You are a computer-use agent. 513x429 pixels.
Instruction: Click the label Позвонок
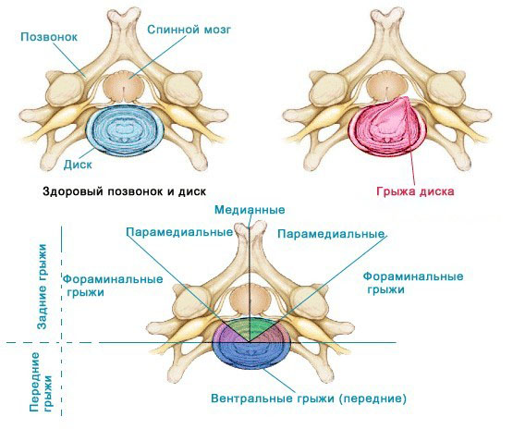[49, 37]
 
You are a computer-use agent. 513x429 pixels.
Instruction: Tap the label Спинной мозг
[189, 30]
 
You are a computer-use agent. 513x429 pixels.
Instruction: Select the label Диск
[78, 165]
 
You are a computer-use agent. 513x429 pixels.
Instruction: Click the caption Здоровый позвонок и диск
[125, 191]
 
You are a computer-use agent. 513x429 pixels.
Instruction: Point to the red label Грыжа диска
[415, 191]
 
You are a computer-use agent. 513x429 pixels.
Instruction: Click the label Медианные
[250, 210]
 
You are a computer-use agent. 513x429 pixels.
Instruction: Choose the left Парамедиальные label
[179, 232]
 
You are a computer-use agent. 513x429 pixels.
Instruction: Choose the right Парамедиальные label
[331, 234]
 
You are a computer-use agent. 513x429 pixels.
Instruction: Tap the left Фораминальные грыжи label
[113, 286]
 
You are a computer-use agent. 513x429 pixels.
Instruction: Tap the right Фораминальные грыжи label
[413, 283]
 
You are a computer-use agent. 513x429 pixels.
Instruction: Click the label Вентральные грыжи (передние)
[309, 398]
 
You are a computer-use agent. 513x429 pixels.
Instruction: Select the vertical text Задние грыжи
[43, 286]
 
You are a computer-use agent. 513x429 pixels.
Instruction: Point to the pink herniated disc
[387, 127]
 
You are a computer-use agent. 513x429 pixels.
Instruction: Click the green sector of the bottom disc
[250, 328]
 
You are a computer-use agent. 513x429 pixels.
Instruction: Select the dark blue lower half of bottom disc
[251, 356]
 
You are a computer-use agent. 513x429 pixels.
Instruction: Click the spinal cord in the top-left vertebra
[124, 88]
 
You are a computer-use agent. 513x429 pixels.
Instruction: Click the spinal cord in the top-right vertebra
[386, 87]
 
